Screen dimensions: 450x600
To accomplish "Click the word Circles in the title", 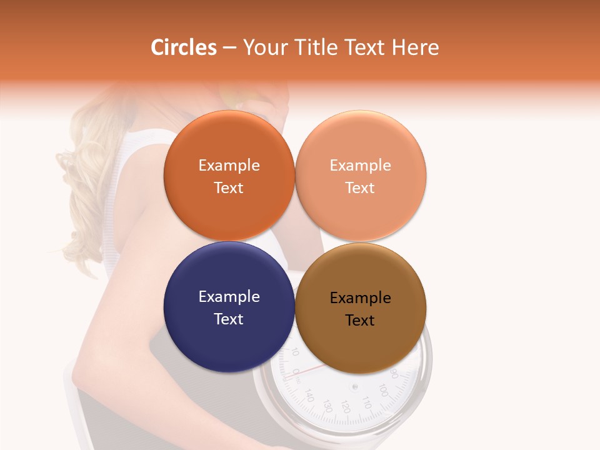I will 183,47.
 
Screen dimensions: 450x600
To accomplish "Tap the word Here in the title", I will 415,47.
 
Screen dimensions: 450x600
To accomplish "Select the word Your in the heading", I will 262,47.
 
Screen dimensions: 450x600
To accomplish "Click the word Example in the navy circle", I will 229,297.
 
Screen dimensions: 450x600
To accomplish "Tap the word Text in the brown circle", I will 360,321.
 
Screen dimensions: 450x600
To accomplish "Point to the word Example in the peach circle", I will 360,166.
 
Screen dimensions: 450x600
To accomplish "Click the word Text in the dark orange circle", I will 229,188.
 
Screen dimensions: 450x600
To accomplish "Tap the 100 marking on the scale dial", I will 384,392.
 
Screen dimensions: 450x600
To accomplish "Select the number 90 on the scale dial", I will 394,373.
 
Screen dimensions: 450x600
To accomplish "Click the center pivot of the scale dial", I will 355,386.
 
